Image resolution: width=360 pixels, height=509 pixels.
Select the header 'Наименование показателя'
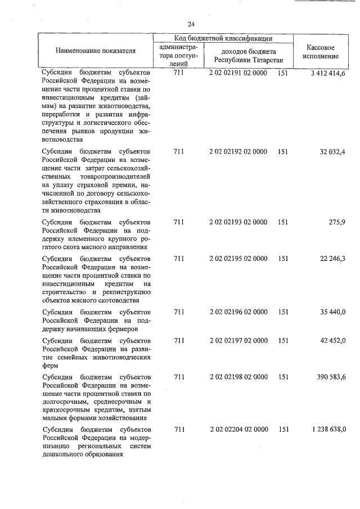click(96, 51)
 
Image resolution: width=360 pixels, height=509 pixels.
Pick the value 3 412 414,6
click(327, 73)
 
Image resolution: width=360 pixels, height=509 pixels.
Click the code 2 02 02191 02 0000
click(238, 73)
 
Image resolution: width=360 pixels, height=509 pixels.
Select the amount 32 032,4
click(332, 152)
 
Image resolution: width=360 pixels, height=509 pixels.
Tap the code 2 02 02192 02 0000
click(238, 152)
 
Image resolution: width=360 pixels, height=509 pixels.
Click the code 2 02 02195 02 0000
click(238, 258)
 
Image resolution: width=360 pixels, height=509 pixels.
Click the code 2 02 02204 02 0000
click(238, 430)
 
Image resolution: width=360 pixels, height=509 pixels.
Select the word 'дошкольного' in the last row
click(62, 456)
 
